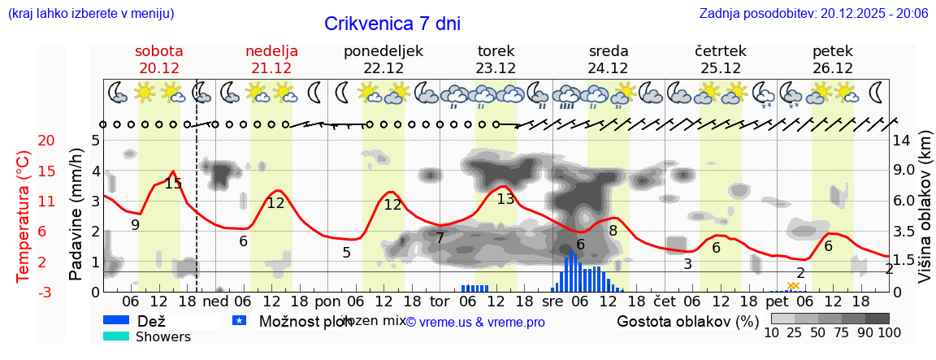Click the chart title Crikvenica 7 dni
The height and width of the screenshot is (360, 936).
(392, 24)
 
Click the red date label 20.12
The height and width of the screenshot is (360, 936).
(159, 68)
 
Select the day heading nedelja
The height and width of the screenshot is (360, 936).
(271, 51)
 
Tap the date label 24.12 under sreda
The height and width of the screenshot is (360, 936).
(609, 68)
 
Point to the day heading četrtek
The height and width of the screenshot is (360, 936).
(720, 51)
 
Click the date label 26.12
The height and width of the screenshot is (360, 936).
(833, 68)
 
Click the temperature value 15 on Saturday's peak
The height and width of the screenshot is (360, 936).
(173, 184)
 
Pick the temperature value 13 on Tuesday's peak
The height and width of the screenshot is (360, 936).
(505, 199)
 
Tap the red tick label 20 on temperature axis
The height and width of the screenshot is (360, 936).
(24, 141)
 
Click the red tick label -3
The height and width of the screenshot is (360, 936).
(24, 292)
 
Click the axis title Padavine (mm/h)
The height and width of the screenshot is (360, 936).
(76, 215)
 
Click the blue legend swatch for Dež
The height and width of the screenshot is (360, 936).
(116, 320)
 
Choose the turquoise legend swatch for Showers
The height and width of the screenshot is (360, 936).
(116, 336)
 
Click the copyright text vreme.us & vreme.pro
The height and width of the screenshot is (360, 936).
(475, 322)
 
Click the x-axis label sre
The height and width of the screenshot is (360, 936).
(553, 301)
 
